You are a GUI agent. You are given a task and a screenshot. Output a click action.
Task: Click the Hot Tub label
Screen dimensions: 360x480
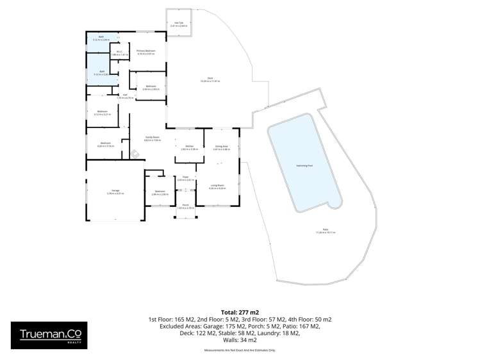click(179, 24)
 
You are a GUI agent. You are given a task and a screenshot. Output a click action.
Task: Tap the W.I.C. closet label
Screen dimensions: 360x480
click(119, 53)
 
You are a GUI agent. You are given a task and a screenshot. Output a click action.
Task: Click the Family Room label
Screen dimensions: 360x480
click(151, 137)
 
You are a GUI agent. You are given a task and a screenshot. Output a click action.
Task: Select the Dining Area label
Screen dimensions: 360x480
click(221, 147)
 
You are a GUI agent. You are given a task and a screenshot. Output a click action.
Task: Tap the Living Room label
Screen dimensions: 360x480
click(217, 186)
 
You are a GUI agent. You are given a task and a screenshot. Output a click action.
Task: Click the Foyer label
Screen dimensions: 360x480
click(185, 177)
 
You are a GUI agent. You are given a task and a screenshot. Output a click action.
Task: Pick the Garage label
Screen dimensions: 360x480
click(116, 191)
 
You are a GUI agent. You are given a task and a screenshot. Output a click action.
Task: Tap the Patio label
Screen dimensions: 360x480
click(326, 231)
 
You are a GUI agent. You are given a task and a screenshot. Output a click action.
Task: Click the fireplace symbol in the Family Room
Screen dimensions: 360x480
click(135, 153)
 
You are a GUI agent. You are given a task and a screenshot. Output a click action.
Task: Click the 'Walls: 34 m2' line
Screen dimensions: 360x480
click(240, 341)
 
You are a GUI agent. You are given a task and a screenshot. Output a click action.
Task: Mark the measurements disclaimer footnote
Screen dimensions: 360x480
click(240, 350)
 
